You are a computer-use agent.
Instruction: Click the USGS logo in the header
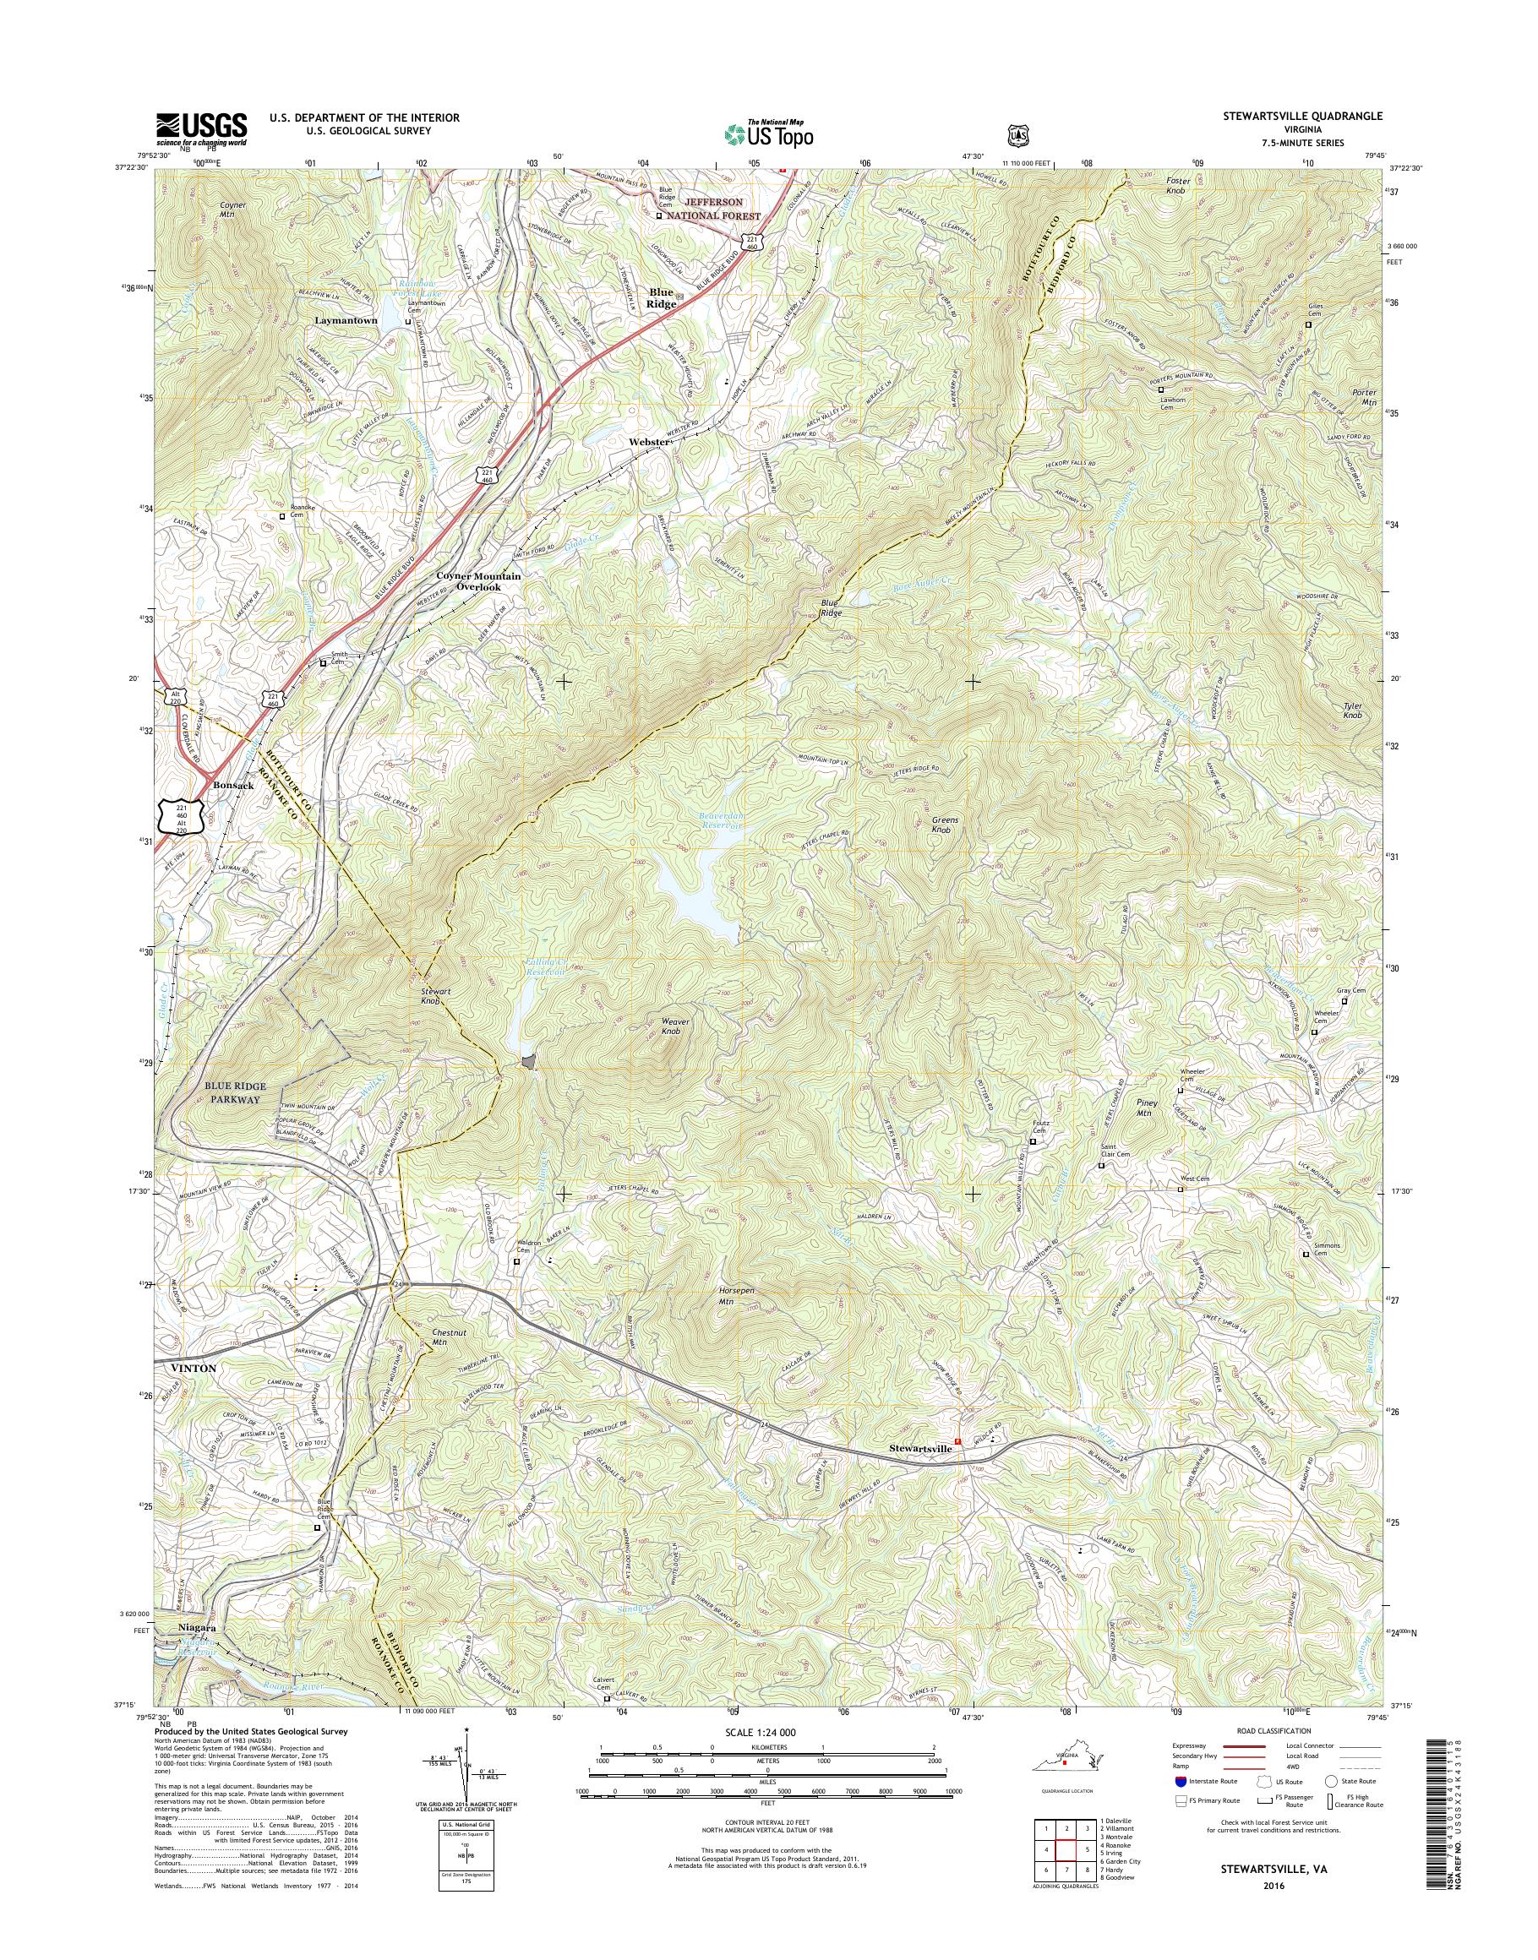click(202, 128)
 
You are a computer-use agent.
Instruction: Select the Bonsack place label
click(233, 785)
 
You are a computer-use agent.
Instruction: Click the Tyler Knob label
click(1352, 710)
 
